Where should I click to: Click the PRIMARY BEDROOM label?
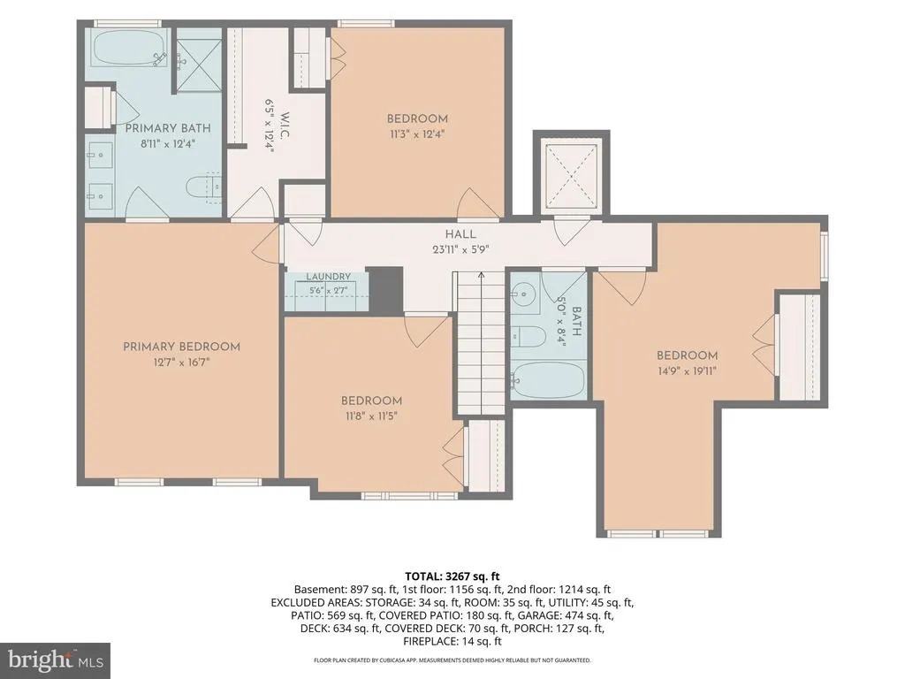[x=181, y=347]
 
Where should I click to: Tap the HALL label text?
[x=460, y=233]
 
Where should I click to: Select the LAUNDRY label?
[x=329, y=277]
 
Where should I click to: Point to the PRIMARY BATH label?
[x=168, y=128]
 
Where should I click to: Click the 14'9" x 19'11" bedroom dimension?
[x=687, y=370]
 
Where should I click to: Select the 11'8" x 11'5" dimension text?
[x=371, y=416]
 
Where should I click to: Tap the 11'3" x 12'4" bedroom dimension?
[x=417, y=134]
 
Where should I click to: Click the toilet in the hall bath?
[x=529, y=336]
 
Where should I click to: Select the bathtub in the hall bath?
[x=548, y=380]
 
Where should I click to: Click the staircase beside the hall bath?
[x=482, y=343]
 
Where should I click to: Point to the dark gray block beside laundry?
[x=385, y=290]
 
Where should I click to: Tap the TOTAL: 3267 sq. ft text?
[x=452, y=576]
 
